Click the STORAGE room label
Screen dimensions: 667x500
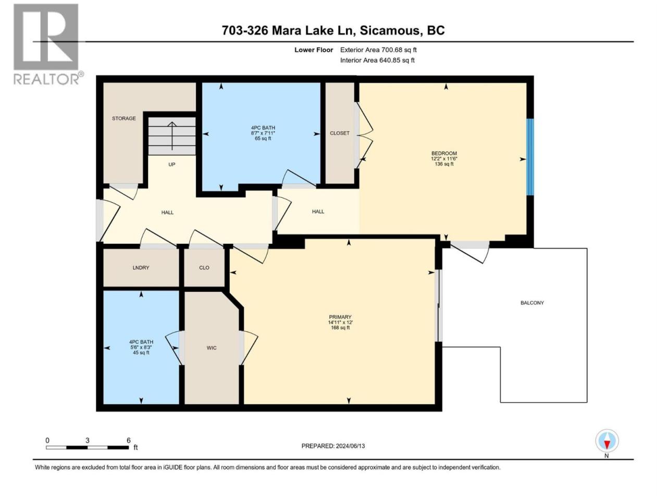pyautogui.click(x=123, y=118)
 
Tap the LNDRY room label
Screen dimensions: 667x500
pyautogui.click(x=141, y=268)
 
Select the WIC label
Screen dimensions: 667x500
pyautogui.click(x=212, y=348)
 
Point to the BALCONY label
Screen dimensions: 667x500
pyautogui.click(x=532, y=303)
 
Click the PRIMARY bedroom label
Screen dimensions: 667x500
pyautogui.click(x=340, y=317)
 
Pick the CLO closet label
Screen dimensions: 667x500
pyautogui.click(x=204, y=268)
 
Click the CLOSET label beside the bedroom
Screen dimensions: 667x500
pyautogui.click(x=340, y=133)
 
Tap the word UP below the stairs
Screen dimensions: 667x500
pyautogui.click(x=171, y=165)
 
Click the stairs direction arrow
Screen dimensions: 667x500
pyautogui.click(x=172, y=136)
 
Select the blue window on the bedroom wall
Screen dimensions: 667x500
pyautogui.click(x=530, y=157)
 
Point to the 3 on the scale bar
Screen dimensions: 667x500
pyautogui.click(x=87, y=441)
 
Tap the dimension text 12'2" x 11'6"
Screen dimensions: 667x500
pyautogui.click(x=444, y=159)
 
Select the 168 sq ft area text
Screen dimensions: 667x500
pyautogui.click(x=340, y=328)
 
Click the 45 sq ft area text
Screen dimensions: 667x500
pyautogui.click(x=141, y=353)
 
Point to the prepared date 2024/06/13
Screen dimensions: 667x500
pyautogui.click(x=350, y=446)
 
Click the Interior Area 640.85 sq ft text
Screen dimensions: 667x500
pyautogui.click(x=377, y=60)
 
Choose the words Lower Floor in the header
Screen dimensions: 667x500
pyautogui.click(x=314, y=50)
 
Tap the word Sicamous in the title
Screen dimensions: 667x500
pyautogui.click(x=390, y=30)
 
